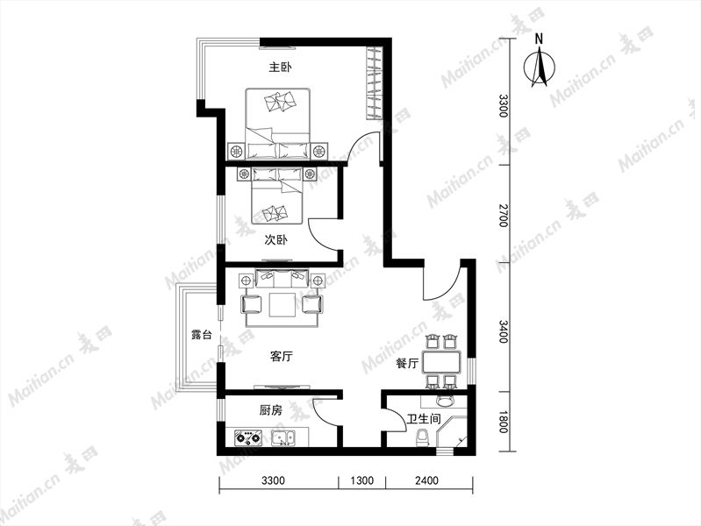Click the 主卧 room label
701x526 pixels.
280,68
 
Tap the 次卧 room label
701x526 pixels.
275,240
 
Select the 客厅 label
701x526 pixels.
282,357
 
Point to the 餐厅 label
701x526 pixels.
407,364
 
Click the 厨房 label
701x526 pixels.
271,409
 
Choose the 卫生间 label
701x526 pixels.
424,419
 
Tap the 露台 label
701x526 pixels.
202,334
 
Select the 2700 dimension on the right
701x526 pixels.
504,216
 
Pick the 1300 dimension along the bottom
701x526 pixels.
361,480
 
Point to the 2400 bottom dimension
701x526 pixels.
426,480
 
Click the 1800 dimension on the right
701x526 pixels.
503,422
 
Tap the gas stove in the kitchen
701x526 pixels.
248,437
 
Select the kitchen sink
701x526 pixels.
283,437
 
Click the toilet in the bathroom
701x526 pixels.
422,438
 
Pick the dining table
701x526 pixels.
441,362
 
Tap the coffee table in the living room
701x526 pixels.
283,305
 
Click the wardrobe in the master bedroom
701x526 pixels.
374,82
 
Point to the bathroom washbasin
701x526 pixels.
445,401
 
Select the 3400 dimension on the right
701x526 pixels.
504,331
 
